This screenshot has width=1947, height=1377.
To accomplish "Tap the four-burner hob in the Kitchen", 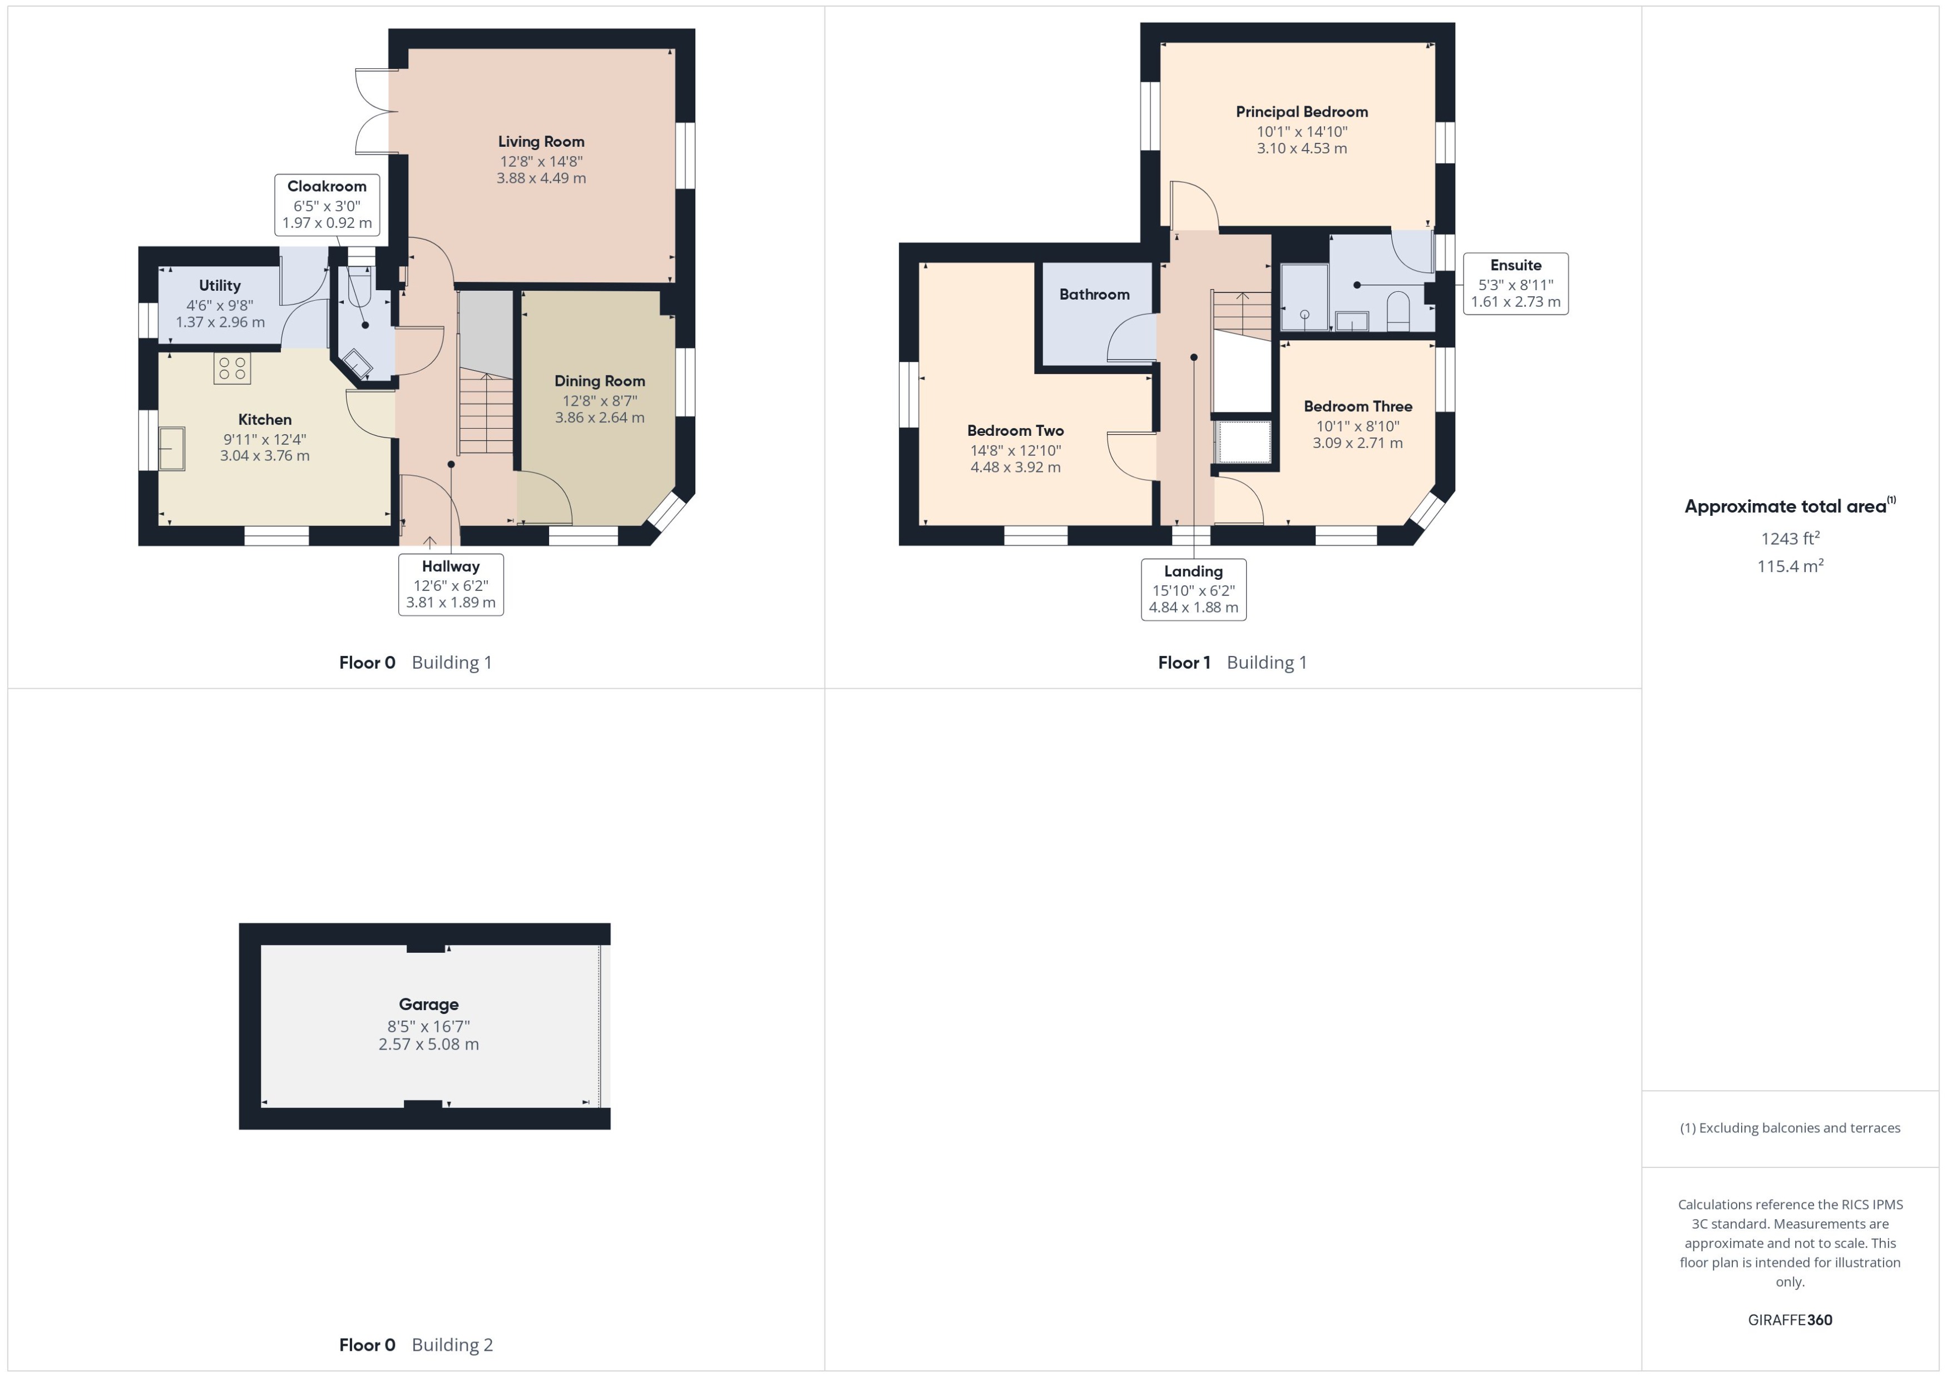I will click(x=231, y=369).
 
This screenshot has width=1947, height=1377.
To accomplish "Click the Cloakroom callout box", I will click(x=327, y=205).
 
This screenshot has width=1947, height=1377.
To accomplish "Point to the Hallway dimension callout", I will click(x=451, y=584).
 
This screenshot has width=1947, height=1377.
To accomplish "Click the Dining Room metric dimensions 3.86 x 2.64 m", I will click(x=599, y=417).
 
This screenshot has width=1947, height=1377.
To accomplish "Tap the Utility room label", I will click(x=220, y=286).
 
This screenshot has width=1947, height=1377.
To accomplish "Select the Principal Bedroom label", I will click(x=1301, y=112).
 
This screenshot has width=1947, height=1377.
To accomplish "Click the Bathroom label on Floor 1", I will click(x=1094, y=294).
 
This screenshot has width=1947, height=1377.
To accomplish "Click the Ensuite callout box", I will click(x=1515, y=283).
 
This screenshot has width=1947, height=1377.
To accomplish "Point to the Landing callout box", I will click(x=1193, y=589).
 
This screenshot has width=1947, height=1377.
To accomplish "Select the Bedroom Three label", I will click(x=1357, y=406).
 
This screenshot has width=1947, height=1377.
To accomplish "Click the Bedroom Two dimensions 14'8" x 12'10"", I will click(x=1015, y=450).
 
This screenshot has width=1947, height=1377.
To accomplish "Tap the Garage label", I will click(x=428, y=1004).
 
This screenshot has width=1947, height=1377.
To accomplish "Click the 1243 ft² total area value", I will click(x=1789, y=539).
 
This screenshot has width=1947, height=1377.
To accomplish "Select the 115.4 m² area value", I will click(x=1789, y=565).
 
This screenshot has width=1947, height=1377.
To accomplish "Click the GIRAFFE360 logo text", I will click(x=1789, y=1319).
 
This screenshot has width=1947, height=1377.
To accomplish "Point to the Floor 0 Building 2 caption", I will click(x=416, y=1344).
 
